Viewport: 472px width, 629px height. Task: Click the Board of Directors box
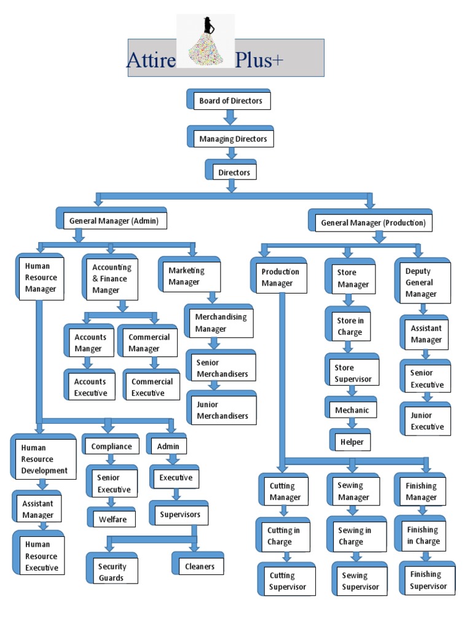[230, 101]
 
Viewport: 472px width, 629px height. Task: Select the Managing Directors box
[232, 139]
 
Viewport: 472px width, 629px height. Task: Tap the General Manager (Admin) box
[114, 221]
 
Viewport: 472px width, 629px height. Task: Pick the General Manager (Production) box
[372, 222]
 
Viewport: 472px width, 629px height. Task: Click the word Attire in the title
[151, 60]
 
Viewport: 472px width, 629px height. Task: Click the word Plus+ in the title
[259, 60]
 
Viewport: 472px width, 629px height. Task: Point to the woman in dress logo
[206, 42]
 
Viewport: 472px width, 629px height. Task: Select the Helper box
[352, 442]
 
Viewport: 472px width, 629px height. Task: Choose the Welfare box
[112, 519]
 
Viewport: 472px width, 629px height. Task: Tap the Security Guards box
[112, 572]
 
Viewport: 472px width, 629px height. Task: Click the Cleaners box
[200, 566]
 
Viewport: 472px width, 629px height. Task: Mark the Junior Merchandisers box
[221, 410]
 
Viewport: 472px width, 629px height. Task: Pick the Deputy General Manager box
[422, 283]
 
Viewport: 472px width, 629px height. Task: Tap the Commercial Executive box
[152, 387]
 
